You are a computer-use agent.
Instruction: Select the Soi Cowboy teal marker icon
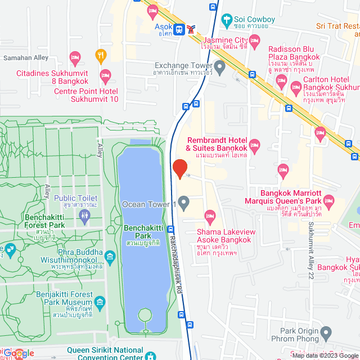coord(227,20)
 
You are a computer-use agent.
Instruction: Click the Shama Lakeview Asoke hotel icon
coord(211,216)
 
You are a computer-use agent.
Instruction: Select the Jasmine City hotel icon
coord(254,40)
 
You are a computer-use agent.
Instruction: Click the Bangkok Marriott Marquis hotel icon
coord(329,201)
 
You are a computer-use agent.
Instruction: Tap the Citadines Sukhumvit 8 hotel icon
coord(75,57)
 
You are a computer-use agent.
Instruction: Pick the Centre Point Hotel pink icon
coord(105,75)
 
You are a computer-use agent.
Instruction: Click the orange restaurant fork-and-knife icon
coord(101,55)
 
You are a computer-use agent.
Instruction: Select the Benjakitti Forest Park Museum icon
coord(100,303)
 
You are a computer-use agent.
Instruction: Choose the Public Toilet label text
coord(76,198)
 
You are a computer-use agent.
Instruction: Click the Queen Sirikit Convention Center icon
coord(151,355)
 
